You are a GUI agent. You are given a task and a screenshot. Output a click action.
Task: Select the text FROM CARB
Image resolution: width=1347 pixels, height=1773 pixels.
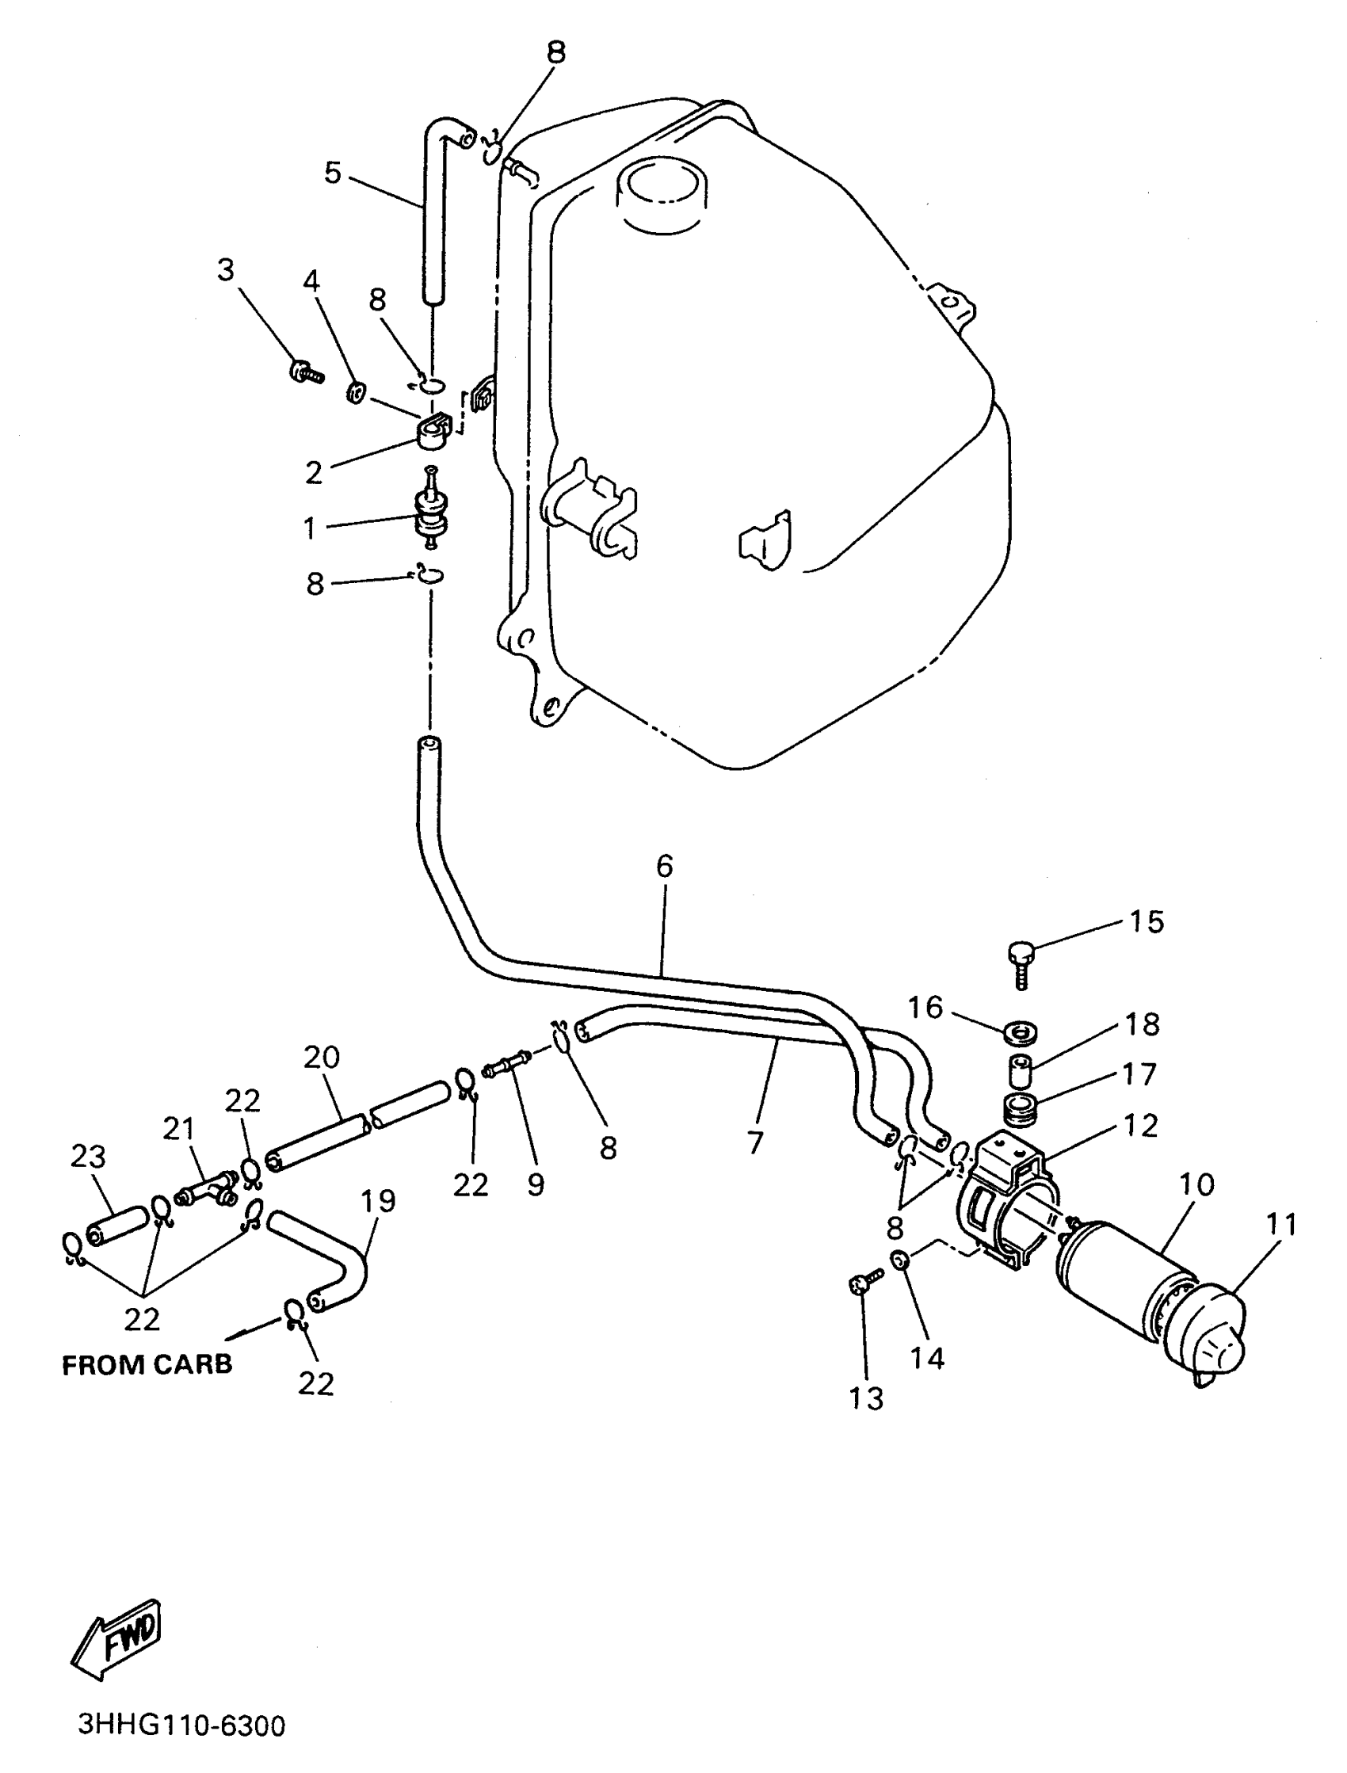[147, 1364]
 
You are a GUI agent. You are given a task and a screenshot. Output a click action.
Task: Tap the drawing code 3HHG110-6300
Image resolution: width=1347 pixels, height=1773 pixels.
[182, 1724]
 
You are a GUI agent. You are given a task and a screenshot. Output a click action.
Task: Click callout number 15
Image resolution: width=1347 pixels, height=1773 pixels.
[1147, 922]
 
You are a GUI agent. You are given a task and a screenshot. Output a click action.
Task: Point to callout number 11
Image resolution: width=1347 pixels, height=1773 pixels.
[1281, 1224]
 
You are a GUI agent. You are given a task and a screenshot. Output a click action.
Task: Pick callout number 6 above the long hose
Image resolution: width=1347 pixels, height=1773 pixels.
[664, 867]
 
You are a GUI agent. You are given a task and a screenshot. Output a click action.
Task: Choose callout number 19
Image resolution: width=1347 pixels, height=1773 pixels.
[378, 1201]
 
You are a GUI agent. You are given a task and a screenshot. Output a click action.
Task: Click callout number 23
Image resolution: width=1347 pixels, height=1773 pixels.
[88, 1157]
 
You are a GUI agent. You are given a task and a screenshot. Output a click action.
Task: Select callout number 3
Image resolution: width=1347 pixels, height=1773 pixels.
[226, 270]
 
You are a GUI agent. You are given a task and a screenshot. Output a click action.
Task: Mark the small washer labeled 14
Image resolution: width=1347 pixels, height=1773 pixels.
[899, 1260]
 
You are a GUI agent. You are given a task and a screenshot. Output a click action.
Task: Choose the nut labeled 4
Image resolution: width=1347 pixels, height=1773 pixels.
[355, 393]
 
